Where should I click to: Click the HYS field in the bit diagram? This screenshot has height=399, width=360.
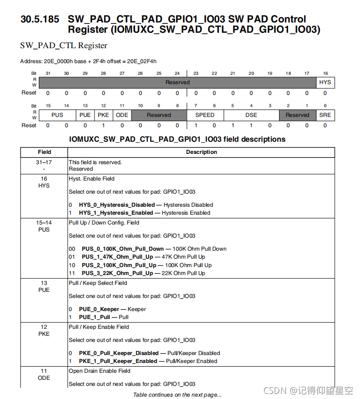pos(325,82)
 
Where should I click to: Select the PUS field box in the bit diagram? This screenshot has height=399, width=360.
pos(58,115)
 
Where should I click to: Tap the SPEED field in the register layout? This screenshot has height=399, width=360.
pos(205,115)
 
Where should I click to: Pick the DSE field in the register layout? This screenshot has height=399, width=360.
pos(251,115)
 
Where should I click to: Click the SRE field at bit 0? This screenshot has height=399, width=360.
pos(325,115)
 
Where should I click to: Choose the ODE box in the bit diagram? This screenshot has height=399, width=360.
pos(122,115)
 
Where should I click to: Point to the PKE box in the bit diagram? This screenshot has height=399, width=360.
pos(103,115)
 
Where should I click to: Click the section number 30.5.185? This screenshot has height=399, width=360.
pos(40,20)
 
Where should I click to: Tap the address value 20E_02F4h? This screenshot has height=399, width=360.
pos(142,61)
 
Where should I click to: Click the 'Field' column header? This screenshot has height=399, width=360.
pos(44,152)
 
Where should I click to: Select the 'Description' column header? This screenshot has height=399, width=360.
pos(202,152)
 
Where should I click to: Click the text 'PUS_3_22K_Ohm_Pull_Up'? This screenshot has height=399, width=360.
pos(117,273)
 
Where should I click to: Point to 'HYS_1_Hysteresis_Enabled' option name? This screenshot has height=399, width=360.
pos(115,213)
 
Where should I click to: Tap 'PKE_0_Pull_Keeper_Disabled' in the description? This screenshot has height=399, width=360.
pos(118,353)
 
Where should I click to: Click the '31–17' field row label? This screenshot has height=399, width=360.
pos(44,162)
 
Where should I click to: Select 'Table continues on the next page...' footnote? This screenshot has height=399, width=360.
pos(177,395)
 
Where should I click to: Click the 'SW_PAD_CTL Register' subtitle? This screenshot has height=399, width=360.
pos(64,46)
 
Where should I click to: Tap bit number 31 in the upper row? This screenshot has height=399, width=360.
pos(48,73)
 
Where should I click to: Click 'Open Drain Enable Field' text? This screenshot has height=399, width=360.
pos(99,371)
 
